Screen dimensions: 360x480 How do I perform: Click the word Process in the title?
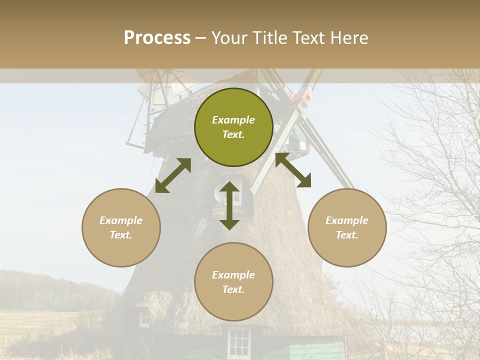coord(157,38)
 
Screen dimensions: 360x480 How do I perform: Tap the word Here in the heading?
coord(348,38)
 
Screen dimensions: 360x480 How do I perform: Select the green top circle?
coord(233,127)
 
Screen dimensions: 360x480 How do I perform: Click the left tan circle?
coord(121,227)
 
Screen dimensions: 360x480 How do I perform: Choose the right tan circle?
coord(347,227)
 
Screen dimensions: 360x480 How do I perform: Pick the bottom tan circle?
coord(233,281)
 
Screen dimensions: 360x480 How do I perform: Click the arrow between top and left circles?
coord(173,175)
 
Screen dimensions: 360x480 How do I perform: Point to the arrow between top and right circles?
coord(293,170)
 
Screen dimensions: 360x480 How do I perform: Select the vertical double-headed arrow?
coord(229,205)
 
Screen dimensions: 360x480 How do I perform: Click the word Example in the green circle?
coord(233,120)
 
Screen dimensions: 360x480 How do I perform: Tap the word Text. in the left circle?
coord(121,235)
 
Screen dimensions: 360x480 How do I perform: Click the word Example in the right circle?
coord(347,220)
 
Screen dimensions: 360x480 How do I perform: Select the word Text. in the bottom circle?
coord(233,289)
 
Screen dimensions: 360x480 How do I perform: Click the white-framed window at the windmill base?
coord(238,342)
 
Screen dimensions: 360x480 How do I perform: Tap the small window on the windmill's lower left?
coord(144,318)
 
